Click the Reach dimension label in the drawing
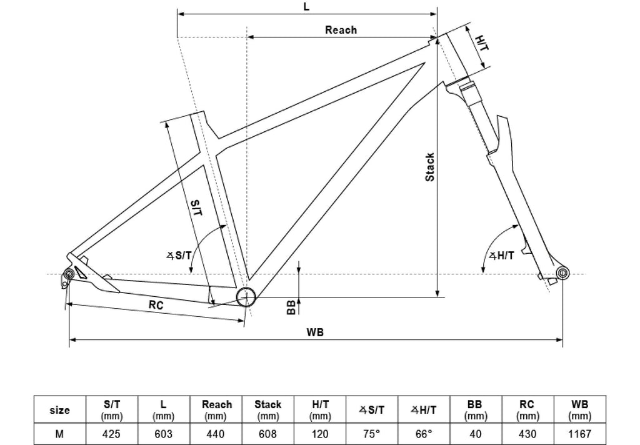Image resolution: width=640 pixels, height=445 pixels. click(341, 30)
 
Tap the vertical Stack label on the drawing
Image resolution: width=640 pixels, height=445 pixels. click(430, 167)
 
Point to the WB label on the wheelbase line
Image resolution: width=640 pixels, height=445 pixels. click(315, 332)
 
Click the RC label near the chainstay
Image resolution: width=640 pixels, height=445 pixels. click(156, 306)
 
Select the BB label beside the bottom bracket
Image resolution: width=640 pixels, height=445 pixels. click(291, 307)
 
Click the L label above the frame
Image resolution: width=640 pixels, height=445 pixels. click(306, 7)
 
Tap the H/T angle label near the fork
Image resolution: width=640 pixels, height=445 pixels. click(501, 255)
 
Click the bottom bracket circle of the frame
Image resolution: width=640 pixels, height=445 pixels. click(246, 296)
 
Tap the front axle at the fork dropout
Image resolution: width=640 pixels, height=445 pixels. click(562, 273)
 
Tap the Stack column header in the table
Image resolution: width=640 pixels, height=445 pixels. click(268, 410)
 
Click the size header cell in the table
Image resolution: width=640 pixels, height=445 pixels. click(59, 410)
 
